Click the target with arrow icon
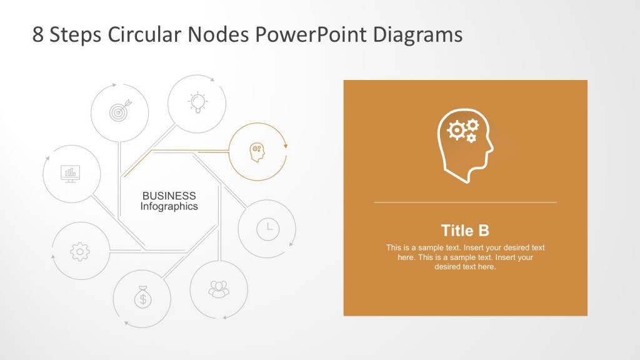(x=120, y=112)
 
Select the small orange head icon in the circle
(x=257, y=152)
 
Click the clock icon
(x=267, y=229)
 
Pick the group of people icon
(x=219, y=289)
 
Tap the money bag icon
(x=142, y=298)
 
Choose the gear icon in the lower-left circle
(x=80, y=251)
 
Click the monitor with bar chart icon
(x=71, y=173)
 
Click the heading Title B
(x=465, y=230)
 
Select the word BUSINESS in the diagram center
(x=169, y=196)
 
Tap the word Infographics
(x=169, y=206)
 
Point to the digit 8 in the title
(x=38, y=34)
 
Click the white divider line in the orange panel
(x=465, y=202)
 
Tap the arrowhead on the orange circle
(x=286, y=145)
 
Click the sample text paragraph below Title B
(x=465, y=257)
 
